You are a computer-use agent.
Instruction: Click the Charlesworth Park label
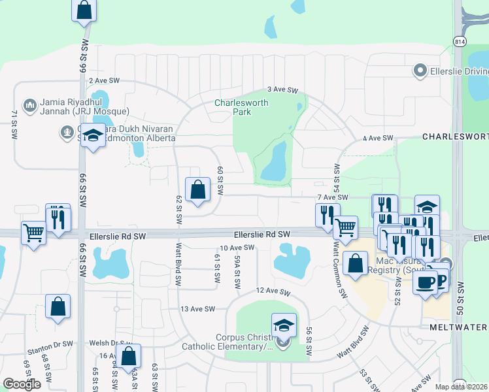coord(233,107)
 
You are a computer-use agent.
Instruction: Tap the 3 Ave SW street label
coord(282,90)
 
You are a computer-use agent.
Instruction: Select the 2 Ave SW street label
coord(105,80)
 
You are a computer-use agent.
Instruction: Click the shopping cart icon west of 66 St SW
coord(33,232)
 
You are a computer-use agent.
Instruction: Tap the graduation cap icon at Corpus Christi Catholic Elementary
coord(284,324)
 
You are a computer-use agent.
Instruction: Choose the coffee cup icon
coord(424,282)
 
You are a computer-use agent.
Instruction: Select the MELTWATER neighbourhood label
coord(459,327)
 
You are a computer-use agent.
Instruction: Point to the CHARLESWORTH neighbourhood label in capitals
coord(455,137)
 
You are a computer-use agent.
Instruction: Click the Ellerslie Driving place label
coord(455,70)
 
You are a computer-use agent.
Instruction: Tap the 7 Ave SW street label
coord(332,197)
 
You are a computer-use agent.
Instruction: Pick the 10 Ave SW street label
coord(237,248)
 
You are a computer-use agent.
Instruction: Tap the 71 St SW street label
coord(14,124)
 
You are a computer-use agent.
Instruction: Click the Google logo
coord(22,384)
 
